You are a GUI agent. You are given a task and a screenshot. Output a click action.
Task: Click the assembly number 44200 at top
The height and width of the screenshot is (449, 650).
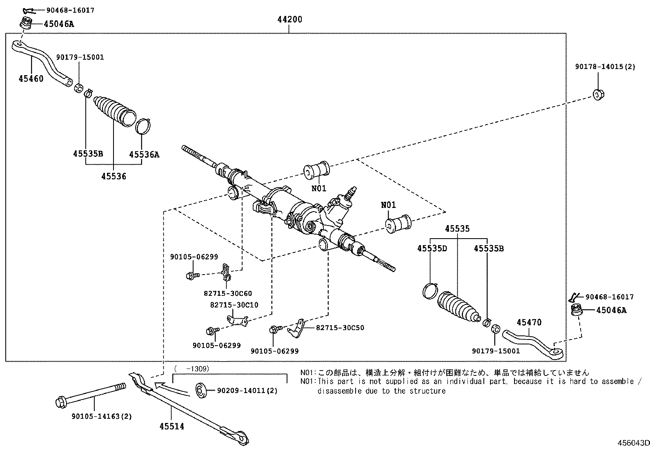click(x=289, y=19)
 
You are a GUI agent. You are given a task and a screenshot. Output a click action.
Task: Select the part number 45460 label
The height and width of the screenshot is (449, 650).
click(x=31, y=78)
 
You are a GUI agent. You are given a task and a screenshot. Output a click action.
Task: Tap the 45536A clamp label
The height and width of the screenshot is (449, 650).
click(x=144, y=154)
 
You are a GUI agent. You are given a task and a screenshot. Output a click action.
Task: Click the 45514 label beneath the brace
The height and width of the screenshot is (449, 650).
click(x=171, y=427)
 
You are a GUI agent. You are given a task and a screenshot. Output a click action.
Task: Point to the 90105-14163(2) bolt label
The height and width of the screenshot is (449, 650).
click(x=102, y=416)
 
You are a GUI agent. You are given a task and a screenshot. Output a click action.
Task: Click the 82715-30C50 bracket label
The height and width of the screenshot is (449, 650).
click(x=340, y=328)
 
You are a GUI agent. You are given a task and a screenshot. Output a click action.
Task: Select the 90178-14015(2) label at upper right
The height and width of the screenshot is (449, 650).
click(x=605, y=66)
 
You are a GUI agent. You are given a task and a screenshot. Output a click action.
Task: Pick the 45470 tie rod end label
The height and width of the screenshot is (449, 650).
click(x=529, y=322)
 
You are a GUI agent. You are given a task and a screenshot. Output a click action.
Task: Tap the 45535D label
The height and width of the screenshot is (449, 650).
click(x=432, y=248)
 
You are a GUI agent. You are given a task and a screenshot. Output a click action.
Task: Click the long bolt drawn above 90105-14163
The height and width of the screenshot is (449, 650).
click(x=90, y=395)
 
